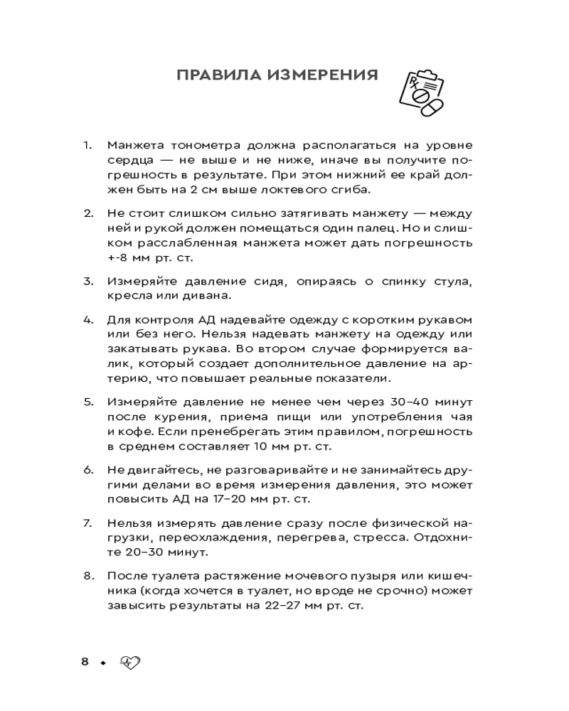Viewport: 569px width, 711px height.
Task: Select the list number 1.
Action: (x=87, y=145)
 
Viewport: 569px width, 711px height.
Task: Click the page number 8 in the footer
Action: (x=85, y=662)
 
